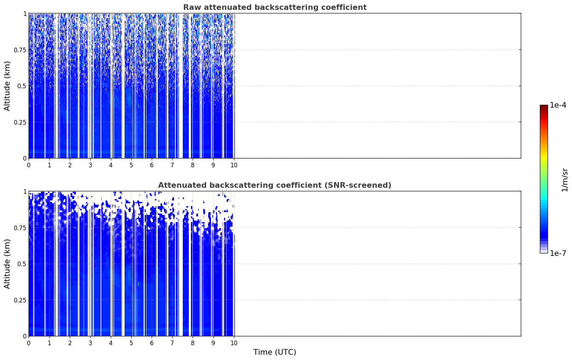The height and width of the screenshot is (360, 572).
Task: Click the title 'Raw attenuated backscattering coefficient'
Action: [275, 7]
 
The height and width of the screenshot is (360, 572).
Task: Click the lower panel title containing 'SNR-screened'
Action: [275, 185]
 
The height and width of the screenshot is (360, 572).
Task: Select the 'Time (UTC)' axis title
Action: [275, 352]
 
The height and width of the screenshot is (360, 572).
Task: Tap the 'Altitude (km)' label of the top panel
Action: [7, 86]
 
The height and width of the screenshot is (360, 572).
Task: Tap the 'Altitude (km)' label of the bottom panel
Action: [7, 264]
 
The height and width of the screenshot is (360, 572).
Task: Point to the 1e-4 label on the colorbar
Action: [558, 105]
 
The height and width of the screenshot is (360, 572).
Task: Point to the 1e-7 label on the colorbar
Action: [558, 253]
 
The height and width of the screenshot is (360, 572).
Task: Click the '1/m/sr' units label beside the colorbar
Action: [565, 180]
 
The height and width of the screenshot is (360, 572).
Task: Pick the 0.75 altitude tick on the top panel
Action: [20, 50]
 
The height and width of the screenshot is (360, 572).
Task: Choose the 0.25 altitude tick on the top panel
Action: [20, 122]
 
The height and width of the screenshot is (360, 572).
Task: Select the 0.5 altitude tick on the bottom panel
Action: [22, 264]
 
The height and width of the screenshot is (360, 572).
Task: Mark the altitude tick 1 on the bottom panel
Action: [25, 192]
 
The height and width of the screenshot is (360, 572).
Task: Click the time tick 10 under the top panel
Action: [234, 165]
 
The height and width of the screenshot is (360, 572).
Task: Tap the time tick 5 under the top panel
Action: [131, 165]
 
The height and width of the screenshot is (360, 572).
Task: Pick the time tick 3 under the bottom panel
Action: [90, 343]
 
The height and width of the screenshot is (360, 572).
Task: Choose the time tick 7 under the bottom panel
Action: [172, 343]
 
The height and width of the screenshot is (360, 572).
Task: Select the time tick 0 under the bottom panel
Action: [29, 343]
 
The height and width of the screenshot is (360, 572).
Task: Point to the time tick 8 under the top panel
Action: [193, 165]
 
